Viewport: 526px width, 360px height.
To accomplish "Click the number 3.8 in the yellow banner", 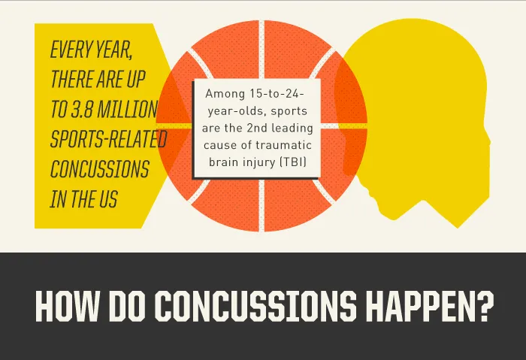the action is [x=81, y=109].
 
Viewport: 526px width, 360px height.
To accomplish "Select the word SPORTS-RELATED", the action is [x=109, y=139].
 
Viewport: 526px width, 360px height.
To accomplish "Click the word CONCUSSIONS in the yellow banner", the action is [x=100, y=169].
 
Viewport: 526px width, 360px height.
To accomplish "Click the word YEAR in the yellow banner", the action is [x=113, y=50].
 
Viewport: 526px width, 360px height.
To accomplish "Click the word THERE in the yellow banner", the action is [x=72, y=79].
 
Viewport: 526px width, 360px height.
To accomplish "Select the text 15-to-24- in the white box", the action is [x=277, y=94].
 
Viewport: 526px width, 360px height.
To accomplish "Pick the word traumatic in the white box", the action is [x=284, y=145].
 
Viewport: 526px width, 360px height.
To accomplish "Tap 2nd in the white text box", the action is [x=258, y=128].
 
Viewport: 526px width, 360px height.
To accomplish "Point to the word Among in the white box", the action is [x=225, y=94].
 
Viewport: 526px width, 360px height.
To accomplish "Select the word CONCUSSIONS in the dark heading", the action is [x=256, y=307].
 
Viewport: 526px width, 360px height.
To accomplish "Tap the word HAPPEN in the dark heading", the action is [x=419, y=307].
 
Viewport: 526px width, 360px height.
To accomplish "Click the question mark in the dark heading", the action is [x=485, y=307].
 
